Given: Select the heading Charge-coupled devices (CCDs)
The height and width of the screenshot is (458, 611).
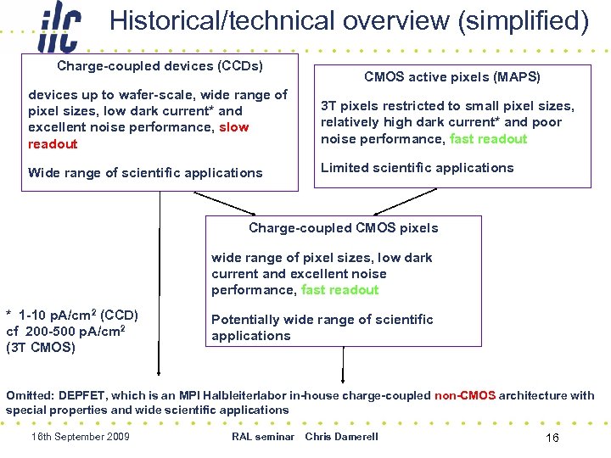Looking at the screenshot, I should tap(160, 65).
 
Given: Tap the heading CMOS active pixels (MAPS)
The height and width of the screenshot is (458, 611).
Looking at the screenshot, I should tap(451, 77).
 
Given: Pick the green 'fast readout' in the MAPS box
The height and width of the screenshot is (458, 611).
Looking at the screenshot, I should tap(488, 138).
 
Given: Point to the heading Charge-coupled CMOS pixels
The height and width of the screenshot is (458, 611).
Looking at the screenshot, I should tap(343, 227).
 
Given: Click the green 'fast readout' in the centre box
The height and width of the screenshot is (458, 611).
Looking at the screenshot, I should tap(339, 289).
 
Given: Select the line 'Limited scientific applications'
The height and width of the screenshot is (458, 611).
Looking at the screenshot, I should tap(417, 167).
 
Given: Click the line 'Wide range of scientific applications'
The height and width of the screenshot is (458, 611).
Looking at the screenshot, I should tap(145, 172).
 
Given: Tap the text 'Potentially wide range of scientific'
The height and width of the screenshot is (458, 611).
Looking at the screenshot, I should tap(322, 319).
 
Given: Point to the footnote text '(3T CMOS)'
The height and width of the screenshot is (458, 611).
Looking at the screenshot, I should tap(41, 347).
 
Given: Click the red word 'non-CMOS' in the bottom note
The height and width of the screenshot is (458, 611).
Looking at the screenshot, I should tap(464, 394).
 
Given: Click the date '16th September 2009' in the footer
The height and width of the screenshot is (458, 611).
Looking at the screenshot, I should tap(80, 436).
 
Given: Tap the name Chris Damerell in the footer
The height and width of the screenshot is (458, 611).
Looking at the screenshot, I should tap(341, 436).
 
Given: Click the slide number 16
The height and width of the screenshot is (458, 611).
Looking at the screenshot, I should tap(552, 438).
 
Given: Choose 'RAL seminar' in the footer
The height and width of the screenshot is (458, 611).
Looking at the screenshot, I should tap(262, 436).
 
